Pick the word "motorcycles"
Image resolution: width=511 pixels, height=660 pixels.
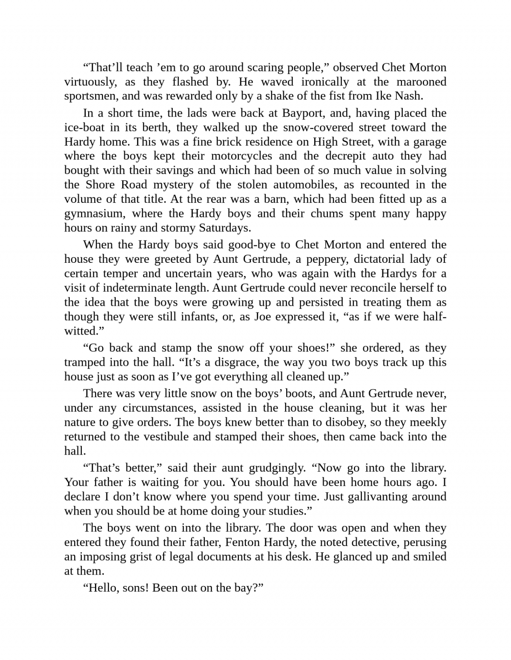point(241,156)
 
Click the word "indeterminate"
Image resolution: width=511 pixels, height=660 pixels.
point(131,288)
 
